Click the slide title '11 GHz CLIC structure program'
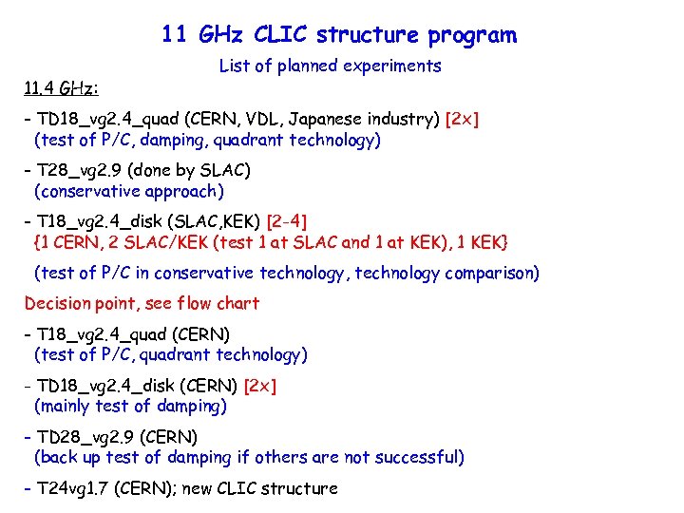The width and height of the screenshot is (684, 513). click(339, 36)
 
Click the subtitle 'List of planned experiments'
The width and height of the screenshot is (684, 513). click(330, 66)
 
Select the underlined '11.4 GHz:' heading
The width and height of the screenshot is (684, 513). click(61, 89)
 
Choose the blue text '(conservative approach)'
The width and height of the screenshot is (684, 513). click(128, 191)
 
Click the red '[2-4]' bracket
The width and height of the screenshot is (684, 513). click(287, 222)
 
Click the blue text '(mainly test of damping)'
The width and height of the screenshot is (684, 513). click(130, 406)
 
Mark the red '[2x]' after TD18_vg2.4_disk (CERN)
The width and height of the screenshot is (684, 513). click(260, 386)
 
